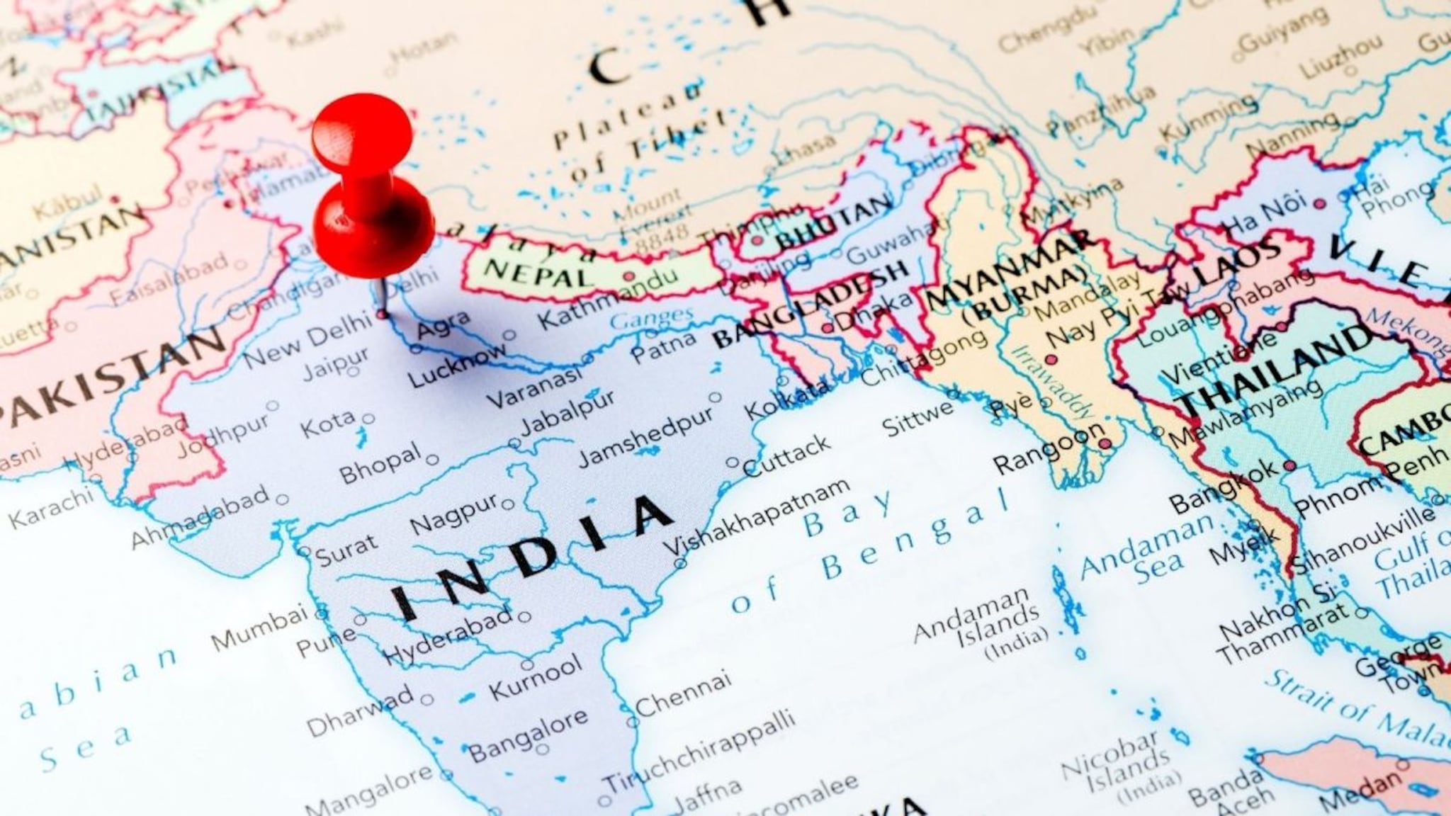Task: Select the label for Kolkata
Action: pos(786,401)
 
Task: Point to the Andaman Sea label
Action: pos(1148,549)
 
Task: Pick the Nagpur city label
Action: pos(454,516)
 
